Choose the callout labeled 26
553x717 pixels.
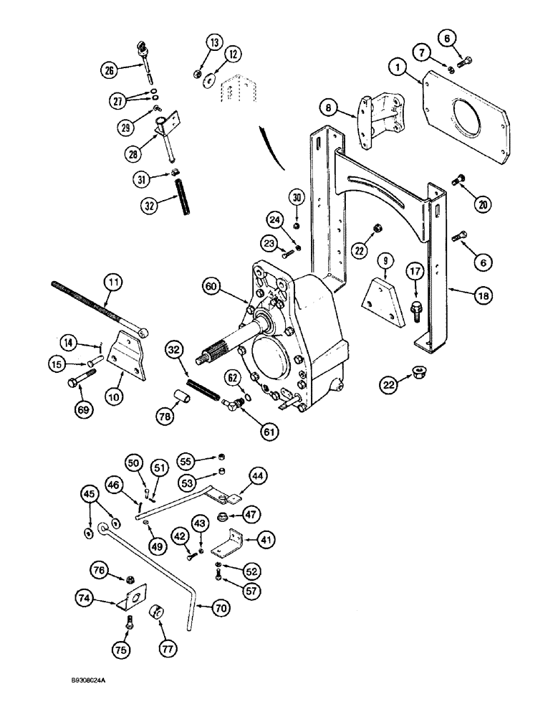pos(110,70)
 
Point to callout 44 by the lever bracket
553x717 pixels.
pos(257,475)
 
